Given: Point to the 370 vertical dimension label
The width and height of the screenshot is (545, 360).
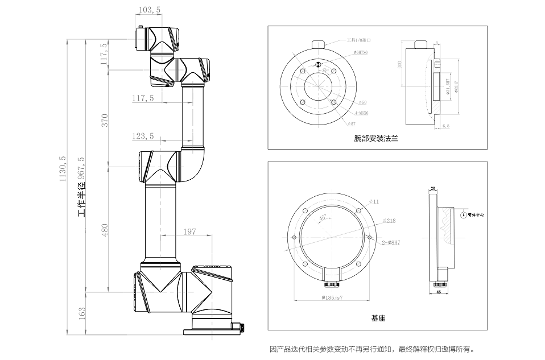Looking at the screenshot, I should [x=105, y=120].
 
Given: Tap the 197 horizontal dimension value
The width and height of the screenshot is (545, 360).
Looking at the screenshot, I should [x=191, y=231].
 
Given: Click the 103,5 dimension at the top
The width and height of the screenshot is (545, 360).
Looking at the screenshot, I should [x=149, y=10].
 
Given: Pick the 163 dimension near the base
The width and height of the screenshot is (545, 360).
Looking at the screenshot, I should [x=82, y=312].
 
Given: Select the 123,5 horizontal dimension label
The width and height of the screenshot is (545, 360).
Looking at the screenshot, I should [x=142, y=136].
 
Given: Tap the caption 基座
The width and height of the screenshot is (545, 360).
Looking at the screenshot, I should [x=378, y=318].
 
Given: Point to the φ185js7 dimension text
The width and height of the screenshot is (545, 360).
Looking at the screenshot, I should [x=332, y=297].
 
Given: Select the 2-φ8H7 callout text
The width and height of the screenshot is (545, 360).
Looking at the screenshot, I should [x=391, y=242].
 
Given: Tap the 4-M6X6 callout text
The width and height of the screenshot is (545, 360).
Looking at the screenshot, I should [x=360, y=113].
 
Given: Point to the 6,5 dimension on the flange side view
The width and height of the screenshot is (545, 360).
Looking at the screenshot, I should [x=445, y=125].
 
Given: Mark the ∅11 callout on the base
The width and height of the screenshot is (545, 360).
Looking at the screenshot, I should [x=374, y=201].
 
